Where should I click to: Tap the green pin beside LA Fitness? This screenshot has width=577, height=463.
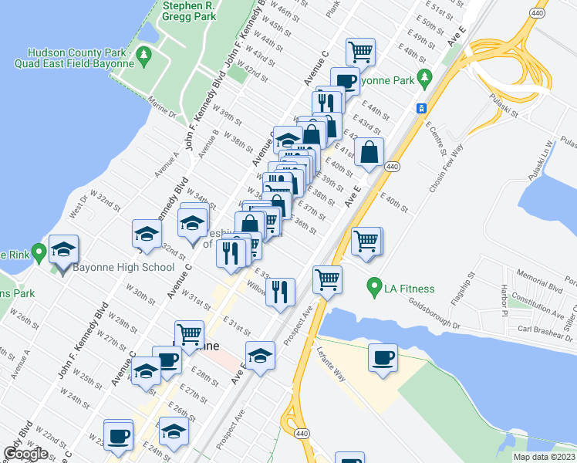click(376, 287)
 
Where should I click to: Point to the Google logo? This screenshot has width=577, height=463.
click(25, 454)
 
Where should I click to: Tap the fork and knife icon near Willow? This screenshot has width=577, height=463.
click(281, 292)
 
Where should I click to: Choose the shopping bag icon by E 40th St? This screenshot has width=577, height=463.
click(369, 152)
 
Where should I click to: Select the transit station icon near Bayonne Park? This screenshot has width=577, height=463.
click(421, 109)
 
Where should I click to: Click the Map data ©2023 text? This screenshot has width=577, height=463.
click(544, 457)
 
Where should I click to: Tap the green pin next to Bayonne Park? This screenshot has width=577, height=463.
click(424, 78)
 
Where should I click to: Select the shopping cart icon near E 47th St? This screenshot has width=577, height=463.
click(360, 52)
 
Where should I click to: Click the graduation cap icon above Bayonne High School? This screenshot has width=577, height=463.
click(64, 249)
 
